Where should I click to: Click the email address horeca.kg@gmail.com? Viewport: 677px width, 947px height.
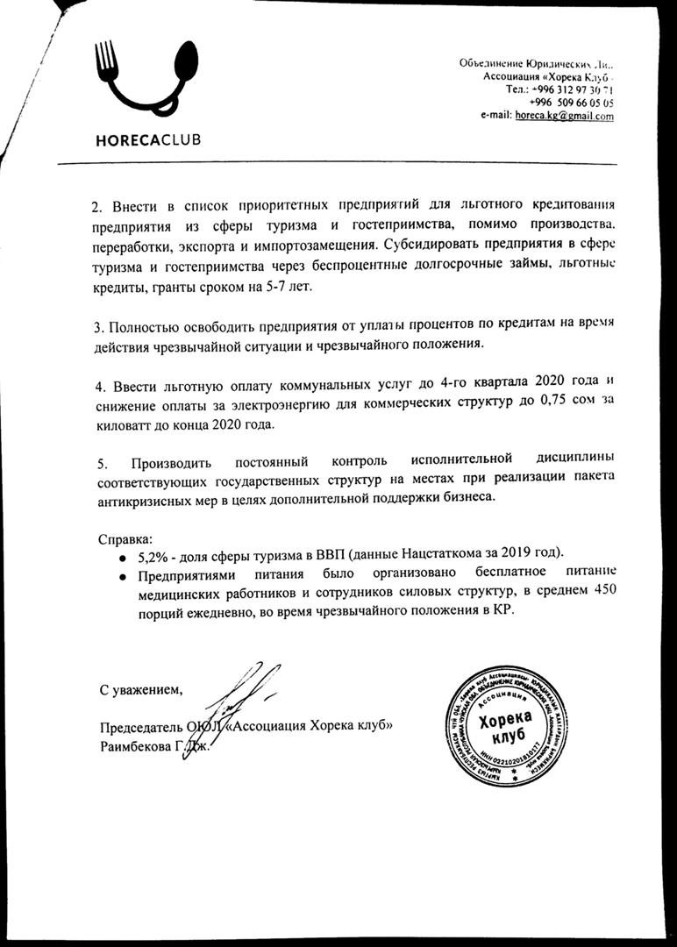coord(565,116)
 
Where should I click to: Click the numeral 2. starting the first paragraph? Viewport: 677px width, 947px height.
coord(97,207)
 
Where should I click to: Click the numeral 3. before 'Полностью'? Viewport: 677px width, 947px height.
coord(97,327)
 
